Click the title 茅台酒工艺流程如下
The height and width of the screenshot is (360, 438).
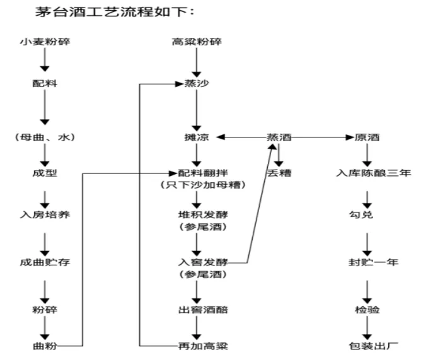tap(100, 12)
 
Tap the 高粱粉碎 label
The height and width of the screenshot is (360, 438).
tap(197, 43)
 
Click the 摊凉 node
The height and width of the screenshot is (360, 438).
tap(198, 137)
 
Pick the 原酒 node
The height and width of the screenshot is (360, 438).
tap(367, 137)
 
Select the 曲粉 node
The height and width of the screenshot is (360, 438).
tap(44, 345)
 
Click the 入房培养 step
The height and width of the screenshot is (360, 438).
tap(44, 216)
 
